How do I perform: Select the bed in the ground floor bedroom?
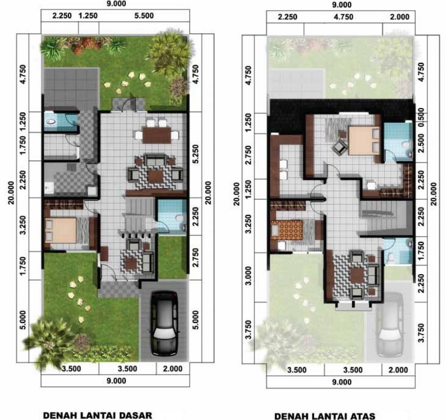[62, 231]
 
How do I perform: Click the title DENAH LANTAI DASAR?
[98, 415]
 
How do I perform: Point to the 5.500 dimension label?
[144, 15]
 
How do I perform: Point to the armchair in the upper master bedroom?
[339, 148]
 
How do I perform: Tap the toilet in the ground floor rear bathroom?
[51, 122]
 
